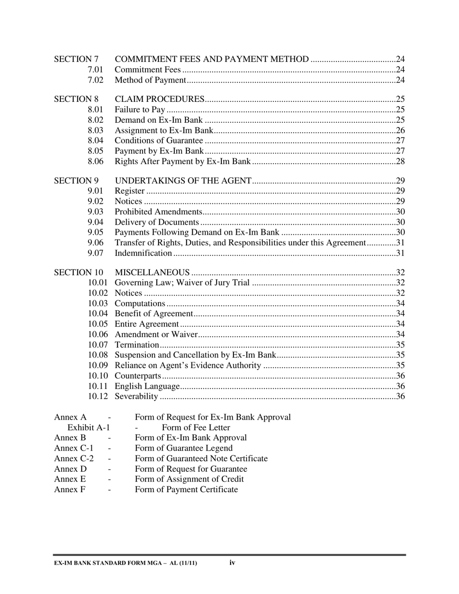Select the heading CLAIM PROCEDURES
coord(159,99)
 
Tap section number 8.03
coord(96,130)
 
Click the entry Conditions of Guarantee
coord(158,141)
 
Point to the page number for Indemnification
coord(400,253)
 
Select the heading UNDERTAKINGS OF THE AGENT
coord(183,181)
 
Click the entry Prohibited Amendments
coord(158,212)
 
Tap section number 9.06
coord(96,242)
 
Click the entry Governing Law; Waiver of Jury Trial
coord(182,283)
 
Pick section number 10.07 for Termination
coord(98,345)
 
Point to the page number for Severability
coord(400,396)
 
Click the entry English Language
coord(147,386)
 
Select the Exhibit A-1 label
coord(89,427)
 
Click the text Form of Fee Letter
coord(196,427)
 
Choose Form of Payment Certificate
coord(186,490)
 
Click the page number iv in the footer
coord(232,563)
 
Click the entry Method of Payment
coord(150,80)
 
